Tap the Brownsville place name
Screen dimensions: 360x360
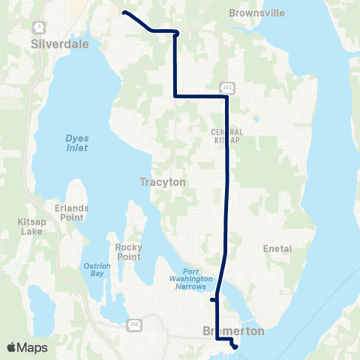253,13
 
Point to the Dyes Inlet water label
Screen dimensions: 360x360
76,142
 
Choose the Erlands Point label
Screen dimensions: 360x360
76,212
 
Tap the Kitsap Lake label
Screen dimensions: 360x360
33,227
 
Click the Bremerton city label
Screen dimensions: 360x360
224,331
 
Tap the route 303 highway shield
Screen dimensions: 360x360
229,86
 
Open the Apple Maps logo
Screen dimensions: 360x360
27,347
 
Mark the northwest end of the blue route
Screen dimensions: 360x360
124,13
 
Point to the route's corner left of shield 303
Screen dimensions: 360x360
175,96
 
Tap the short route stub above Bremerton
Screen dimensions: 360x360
212,300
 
